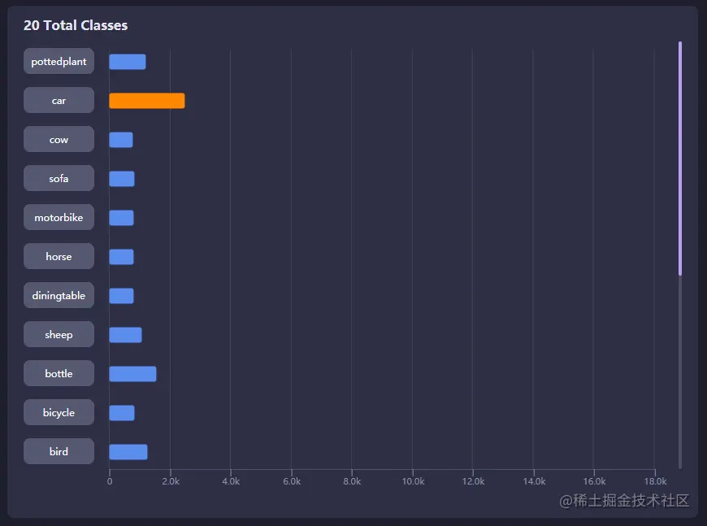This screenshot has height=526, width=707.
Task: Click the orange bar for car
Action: (146, 101)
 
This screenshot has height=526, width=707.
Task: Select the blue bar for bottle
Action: (132, 374)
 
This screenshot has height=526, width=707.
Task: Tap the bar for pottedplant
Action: (128, 62)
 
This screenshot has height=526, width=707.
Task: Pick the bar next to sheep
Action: (125, 335)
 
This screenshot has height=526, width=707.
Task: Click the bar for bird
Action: (128, 452)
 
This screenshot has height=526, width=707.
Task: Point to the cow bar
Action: (121, 140)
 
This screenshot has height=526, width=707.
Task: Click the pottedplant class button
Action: (59, 62)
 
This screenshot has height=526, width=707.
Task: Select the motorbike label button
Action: (59, 218)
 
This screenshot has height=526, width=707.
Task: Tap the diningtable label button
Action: (59, 296)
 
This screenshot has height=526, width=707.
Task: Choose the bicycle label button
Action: (59, 413)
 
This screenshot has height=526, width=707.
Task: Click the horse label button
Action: (59, 257)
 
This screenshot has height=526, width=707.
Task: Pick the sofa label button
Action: (59, 179)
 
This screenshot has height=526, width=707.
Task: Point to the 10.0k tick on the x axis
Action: (413, 481)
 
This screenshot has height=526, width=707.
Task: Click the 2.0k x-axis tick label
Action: (171, 481)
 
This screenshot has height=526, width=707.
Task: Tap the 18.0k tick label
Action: (655, 481)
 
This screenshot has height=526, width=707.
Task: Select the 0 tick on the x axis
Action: (110, 481)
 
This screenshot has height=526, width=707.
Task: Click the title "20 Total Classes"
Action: (76, 25)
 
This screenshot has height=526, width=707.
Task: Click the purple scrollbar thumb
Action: (680, 159)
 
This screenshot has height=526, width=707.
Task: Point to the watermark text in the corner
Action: (624, 501)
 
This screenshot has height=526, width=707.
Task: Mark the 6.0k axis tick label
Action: (292, 481)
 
